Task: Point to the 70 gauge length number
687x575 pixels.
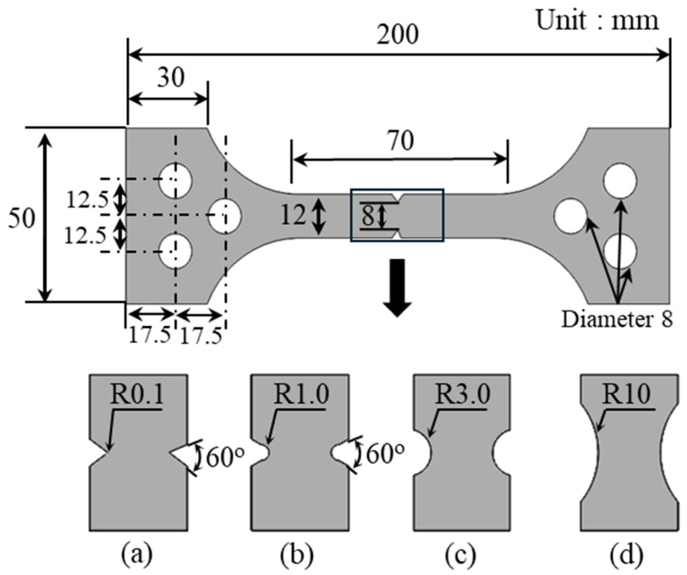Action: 400,141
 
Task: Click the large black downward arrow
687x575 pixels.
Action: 397,287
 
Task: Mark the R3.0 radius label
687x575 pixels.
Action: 463,395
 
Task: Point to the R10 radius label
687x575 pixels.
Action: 626,395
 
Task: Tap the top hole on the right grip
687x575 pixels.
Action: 620,181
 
